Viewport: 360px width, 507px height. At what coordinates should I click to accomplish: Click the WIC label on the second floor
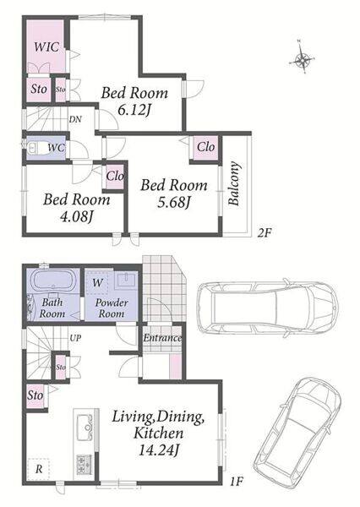pos(46,46)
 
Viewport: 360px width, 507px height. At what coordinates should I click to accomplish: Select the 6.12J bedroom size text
pos(134,111)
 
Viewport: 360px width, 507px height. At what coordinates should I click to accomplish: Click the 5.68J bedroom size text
pos(174,203)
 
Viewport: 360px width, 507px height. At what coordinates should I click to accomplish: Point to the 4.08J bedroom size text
pos(77,217)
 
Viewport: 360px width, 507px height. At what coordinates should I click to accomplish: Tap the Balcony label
pos(234,183)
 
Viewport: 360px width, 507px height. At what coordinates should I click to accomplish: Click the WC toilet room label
pos(56,148)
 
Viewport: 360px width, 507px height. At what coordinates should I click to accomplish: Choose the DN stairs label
pos(75,119)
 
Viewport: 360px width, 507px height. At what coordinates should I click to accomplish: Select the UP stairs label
pos(75,338)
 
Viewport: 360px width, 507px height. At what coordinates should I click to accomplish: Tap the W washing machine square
pos(97,283)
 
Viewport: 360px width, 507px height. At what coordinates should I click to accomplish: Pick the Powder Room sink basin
pos(127,280)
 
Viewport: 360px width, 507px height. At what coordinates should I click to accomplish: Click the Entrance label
pos(162,338)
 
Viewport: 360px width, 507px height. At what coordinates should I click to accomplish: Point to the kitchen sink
pos(85,427)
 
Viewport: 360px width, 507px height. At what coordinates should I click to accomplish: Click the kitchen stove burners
pos(85,465)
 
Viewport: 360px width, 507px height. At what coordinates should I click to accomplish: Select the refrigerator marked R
pos(39,469)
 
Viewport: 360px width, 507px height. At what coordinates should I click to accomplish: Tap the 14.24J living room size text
pos(158,450)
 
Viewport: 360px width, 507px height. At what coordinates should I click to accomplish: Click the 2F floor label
pos(264,233)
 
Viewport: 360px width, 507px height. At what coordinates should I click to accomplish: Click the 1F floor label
pos(237,482)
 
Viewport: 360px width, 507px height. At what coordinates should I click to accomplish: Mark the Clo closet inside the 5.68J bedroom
pos(205,147)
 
